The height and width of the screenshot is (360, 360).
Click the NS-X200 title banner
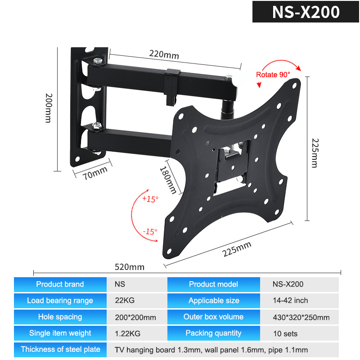pos(306,12)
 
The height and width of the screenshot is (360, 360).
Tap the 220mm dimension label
pos(164,54)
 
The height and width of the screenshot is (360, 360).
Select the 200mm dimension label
pos(49,108)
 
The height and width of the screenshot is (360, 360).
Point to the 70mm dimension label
pos(95,173)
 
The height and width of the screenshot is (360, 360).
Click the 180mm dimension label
pos(168,180)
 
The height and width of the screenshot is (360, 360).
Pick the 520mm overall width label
pos(130,267)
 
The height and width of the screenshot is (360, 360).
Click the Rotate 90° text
pos(273,75)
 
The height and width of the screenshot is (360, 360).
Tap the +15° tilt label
pos(150,199)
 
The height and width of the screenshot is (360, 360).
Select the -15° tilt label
pos(150,232)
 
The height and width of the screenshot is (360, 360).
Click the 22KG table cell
pos(125,300)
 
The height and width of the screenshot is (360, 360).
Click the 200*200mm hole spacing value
pos(135,317)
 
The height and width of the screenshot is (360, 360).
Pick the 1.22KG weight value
pos(128,333)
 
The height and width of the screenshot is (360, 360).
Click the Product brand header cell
pos(60,284)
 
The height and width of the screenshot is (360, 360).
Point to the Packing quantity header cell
pos(213,333)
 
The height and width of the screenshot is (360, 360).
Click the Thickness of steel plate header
pos(60,350)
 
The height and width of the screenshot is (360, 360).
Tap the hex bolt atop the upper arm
pos(98,61)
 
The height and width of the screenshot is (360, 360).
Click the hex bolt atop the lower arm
pos(97,126)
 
